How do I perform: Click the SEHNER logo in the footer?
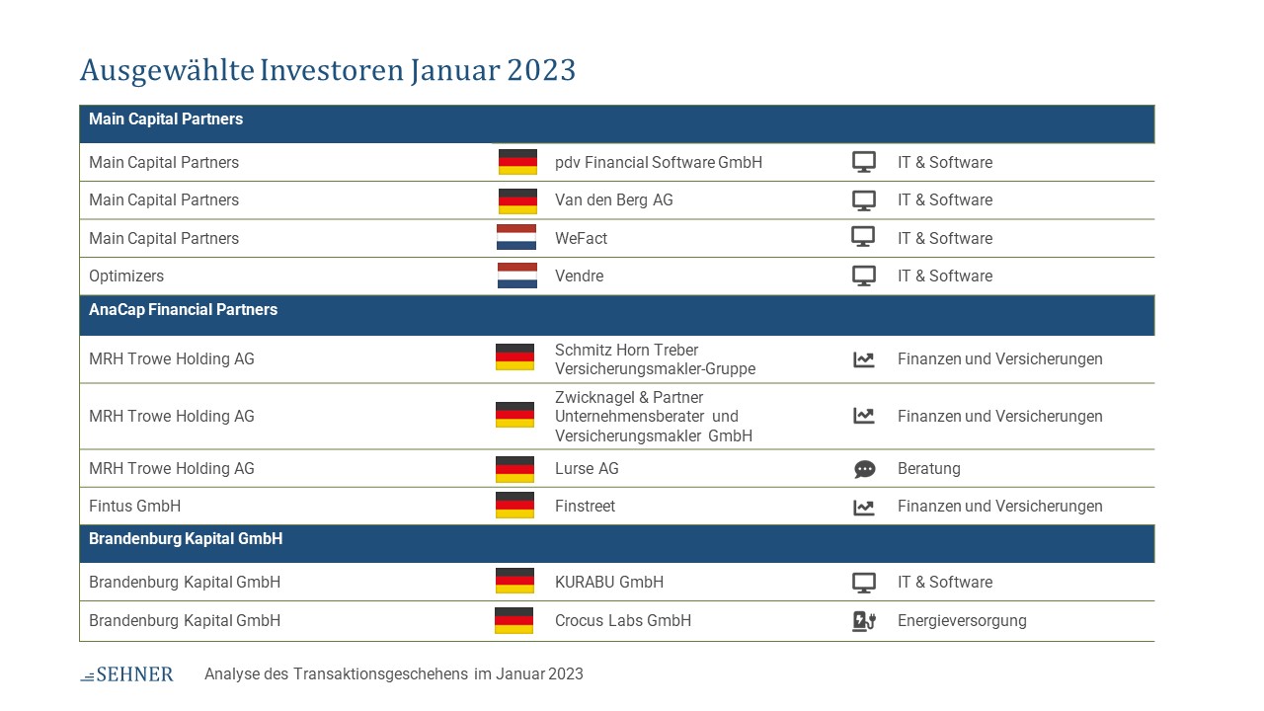click(x=127, y=673)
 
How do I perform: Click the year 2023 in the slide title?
click(x=540, y=70)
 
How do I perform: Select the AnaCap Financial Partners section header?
click(x=184, y=310)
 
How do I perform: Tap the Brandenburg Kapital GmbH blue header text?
click(x=186, y=539)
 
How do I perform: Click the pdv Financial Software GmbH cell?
click(x=659, y=163)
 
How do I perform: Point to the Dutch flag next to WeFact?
click(x=516, y=237)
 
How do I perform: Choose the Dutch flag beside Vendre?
click(x=516, y=276)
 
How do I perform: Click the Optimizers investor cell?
click(x=126, y=276)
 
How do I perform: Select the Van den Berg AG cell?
click(x=614, y=200)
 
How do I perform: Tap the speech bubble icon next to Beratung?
click(x=864, y=469)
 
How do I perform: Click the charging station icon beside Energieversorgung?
click(x=864, y=621)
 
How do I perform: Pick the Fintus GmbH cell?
click(x=135, y=507)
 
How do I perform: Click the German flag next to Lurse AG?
click(x=514, y=469)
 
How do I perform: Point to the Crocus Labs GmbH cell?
click(x=623, y=621)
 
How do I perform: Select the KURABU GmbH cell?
click(x=609, y=583)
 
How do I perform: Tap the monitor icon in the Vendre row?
click(x=864, y=276)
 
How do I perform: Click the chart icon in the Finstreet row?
click(x=864, y=508)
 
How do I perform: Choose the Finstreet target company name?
click(x=586, y=507)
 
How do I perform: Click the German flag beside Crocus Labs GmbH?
click(x=514, y=621)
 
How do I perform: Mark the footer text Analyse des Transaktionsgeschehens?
click(x=337, y=674)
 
